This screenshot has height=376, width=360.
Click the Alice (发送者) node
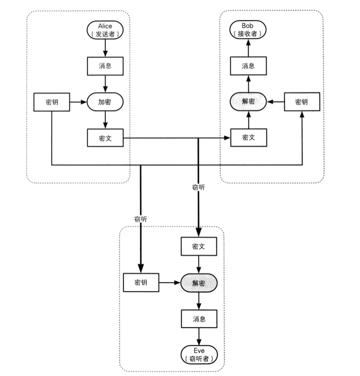tap(104, 30)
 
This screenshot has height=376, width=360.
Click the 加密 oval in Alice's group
tap(104, 103)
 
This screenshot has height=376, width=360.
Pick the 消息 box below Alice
tap(104, 66)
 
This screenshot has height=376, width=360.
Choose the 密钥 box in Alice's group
tap(52, 103)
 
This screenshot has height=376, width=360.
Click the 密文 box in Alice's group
tap(104, 138)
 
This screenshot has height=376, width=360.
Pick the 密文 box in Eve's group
tap(199, 246)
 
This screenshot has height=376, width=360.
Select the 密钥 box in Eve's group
tap(141, 283)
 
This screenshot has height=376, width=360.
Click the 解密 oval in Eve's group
tap(199, 283)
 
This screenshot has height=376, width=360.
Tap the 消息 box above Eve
tap(199, 319)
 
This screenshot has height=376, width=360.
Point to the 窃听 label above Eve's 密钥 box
tap(141, 219)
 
